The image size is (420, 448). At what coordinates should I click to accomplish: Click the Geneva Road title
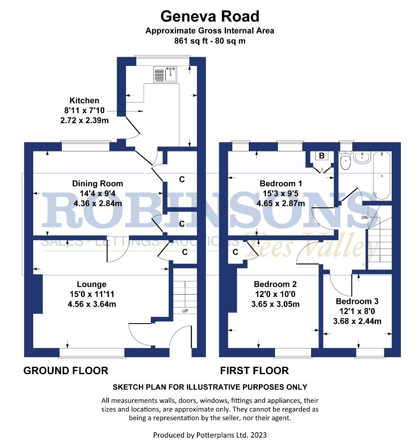tap(210, 17)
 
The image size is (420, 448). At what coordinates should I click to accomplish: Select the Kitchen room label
tap(84, 100)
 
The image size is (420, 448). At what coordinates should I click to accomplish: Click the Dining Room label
tap(98, 183)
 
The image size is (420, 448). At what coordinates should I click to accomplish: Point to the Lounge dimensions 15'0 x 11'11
tap(91, 294)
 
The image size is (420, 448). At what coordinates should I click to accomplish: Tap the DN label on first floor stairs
tap(364, 218)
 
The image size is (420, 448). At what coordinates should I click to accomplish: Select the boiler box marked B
tap(321, 156)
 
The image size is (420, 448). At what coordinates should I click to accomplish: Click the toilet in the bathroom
tap(345, 161)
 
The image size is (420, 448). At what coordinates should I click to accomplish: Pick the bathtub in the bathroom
tap(382, 175)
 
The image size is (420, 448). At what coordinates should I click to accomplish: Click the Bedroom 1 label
tap(281, 183)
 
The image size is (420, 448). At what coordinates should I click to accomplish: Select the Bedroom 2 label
tap(275, 284)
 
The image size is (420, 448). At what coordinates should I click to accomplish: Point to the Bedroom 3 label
tap(357, 301)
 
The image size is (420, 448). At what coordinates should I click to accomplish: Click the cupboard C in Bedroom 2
tap(236, 252)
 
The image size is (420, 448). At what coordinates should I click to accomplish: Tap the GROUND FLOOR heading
tap(66, 370)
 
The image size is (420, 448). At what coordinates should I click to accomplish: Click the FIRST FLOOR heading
tap(254, 370)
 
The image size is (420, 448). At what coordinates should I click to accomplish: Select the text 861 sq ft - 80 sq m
tap(210, 41)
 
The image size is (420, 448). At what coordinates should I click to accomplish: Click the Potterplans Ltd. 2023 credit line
tap(210, 435)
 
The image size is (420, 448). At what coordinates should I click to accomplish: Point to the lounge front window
tap(92, 353)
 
